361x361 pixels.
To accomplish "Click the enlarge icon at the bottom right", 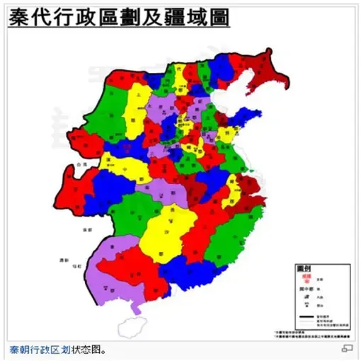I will point(347,349).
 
